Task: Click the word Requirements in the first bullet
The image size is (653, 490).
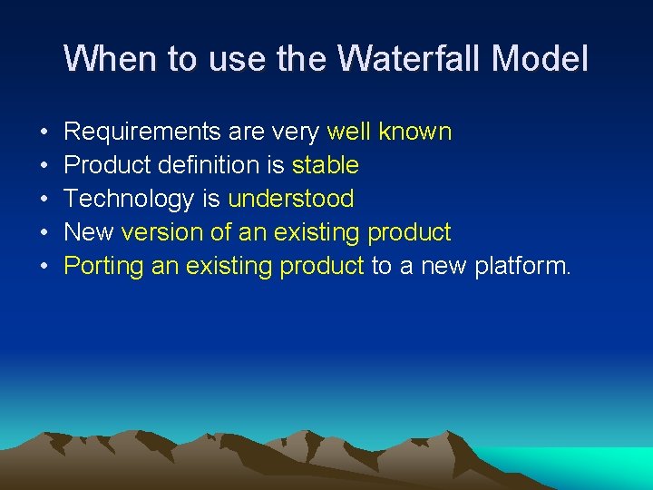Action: tap(142, 132)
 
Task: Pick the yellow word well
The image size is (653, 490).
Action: tap(349, 132)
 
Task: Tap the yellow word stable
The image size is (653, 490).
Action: tap(325, 165)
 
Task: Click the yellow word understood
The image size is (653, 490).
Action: tap(290, 199)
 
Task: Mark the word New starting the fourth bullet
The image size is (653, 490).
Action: tap(89, 232)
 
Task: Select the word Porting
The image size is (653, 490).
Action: tap(102, 266)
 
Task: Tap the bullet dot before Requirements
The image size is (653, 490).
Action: tap(44, 132)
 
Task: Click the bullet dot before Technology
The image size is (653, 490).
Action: tap(44, 200)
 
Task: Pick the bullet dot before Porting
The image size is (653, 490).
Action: tap(44, 267)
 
